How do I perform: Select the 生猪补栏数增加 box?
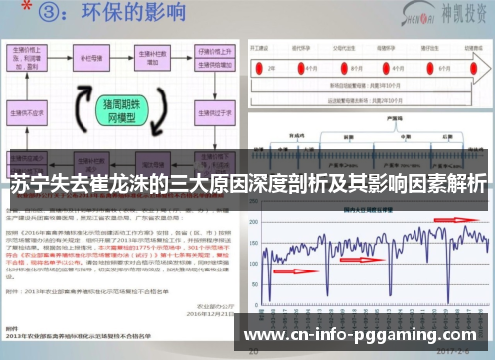(x=151, y=56)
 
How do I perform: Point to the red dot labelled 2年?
(x=271, y=66)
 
